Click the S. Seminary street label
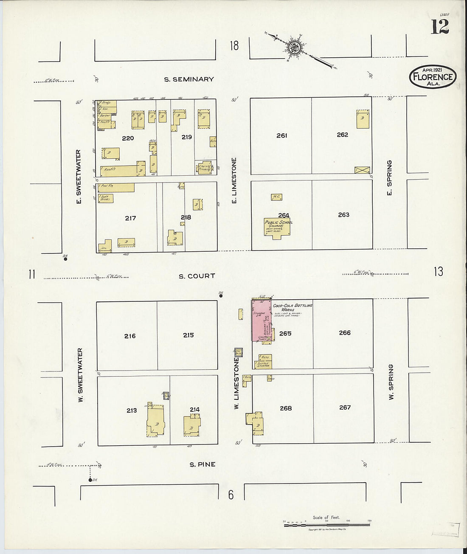(189, 79)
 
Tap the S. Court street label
(197, 276)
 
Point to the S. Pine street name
(202, 464)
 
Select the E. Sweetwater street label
(79, 173)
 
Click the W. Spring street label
(391, 382)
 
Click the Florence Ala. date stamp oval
(433, 77)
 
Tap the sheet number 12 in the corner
(440, 27)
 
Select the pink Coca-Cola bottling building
(260, 320)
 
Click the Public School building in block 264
(278, 228)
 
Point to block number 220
(128, 138)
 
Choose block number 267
(345, 408)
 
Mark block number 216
(130, 336)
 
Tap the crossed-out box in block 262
(362, 170)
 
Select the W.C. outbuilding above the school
(277, 197)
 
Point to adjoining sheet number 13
(439, 272)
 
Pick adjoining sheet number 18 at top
(234, 45)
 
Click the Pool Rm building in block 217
(116, 187)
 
